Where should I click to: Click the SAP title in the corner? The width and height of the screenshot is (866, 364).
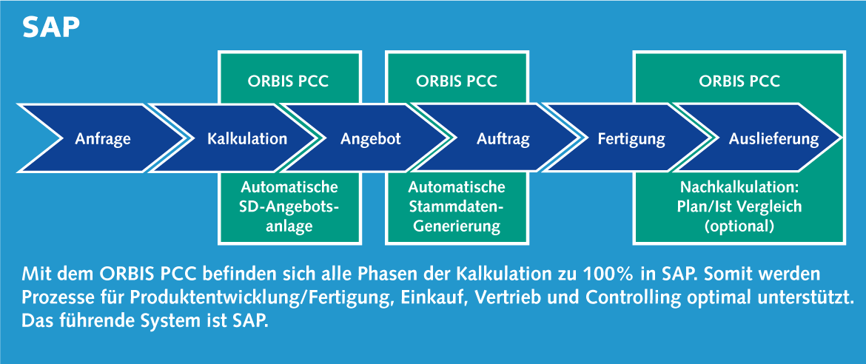51,28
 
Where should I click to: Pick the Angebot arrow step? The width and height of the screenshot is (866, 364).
370,138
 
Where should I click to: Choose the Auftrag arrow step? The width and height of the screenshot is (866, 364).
497,138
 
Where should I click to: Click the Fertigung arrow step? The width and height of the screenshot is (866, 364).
630,138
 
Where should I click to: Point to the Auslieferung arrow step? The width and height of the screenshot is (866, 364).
768,138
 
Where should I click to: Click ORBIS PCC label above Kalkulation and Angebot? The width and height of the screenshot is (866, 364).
288,81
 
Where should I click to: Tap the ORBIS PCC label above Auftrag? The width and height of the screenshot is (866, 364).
456,81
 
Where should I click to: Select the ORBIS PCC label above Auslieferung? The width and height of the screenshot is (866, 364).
739,81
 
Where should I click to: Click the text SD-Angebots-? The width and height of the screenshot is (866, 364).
290,207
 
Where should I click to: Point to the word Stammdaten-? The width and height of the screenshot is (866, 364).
456,207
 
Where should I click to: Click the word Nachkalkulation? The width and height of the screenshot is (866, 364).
739,187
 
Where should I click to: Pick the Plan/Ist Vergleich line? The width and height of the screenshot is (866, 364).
739,207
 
